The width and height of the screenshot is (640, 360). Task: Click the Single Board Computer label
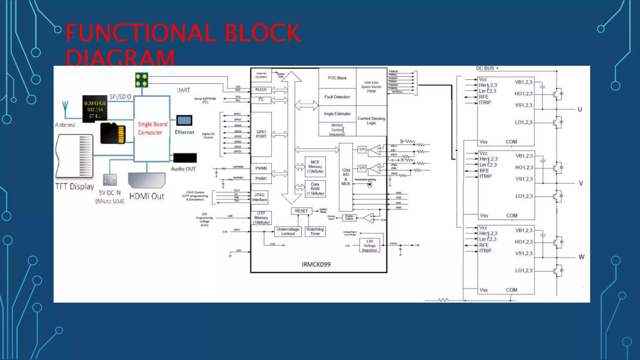point(152,128)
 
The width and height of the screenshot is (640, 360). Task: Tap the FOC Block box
point(337,78)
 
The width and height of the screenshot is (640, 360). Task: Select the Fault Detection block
point(337,97)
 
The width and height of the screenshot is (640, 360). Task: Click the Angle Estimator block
point(337,114)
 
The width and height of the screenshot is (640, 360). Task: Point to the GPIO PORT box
point(261,134)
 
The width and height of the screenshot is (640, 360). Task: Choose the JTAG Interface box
point(259,197)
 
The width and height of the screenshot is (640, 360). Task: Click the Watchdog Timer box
point(315,231)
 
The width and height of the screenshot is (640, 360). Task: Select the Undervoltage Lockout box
point(288,231)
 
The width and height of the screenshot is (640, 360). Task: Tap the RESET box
point(301,211)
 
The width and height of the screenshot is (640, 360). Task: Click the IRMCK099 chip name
point(316,264)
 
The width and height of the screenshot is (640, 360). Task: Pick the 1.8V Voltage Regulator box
point(369,246)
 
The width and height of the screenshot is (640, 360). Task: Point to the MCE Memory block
point(315,167)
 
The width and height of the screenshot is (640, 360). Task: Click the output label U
point(580,109)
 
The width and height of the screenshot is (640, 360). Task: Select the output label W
point(581,257)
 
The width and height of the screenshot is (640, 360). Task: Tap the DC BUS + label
point(487,68)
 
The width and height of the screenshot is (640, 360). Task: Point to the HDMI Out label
point(147,196)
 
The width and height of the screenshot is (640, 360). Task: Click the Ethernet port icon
point(184,120)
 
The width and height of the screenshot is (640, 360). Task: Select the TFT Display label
point(75,187)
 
